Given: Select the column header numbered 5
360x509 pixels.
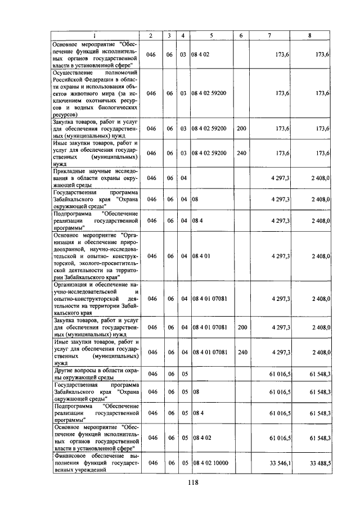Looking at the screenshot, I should click(x=211, y=35).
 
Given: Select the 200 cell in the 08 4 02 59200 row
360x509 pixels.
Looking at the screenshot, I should click(x=241, y=129).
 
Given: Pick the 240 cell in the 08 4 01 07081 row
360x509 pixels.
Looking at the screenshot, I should click(x=241, y=352).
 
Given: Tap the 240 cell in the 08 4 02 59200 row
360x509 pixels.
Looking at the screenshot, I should click(x=241, y=152).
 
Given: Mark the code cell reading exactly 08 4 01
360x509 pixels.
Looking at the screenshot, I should click(x=201, y=256).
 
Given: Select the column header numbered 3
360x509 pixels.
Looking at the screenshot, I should click(x=170, y=35).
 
